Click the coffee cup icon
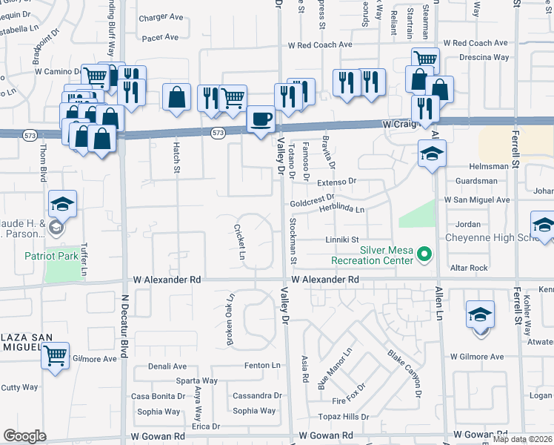(x=260, y=120)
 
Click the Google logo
(x=24, y=436)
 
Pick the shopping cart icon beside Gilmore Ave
(x=55, y=356)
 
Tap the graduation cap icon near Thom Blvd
(x=63, y=205)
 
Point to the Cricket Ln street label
(x=240, y=241)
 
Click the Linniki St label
(x=342, y=240)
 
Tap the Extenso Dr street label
(x=337, y=181)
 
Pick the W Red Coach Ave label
(x=324, y=45)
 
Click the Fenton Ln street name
(x=263, y=366)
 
